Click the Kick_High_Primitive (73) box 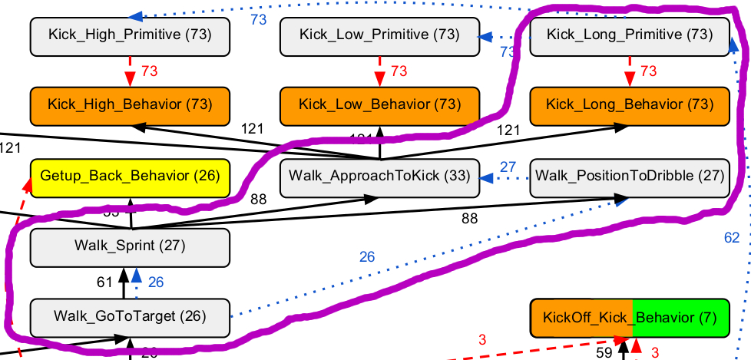tap(130, 35)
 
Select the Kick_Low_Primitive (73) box tap(379, 35)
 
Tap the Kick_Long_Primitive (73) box tap(630, 35)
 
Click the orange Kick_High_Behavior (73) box tap(130, 104)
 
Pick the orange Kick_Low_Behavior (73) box tap(379, 104)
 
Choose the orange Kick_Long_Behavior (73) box tap(630, 104)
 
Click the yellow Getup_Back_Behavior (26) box tap(130, 177)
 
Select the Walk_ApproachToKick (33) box tap(379, 176)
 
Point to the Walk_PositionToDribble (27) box tap(630, 176)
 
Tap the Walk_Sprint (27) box tap(130, 246)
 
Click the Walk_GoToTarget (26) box tap(130, 315)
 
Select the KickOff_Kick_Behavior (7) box tap(630, 317)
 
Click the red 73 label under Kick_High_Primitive tap(150, 71)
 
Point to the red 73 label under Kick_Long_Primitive tap(649, 71)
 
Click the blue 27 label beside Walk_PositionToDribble tap(508, 167)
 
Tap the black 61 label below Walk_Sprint tap(105, 282)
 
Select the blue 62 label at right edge tap(732, 238)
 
